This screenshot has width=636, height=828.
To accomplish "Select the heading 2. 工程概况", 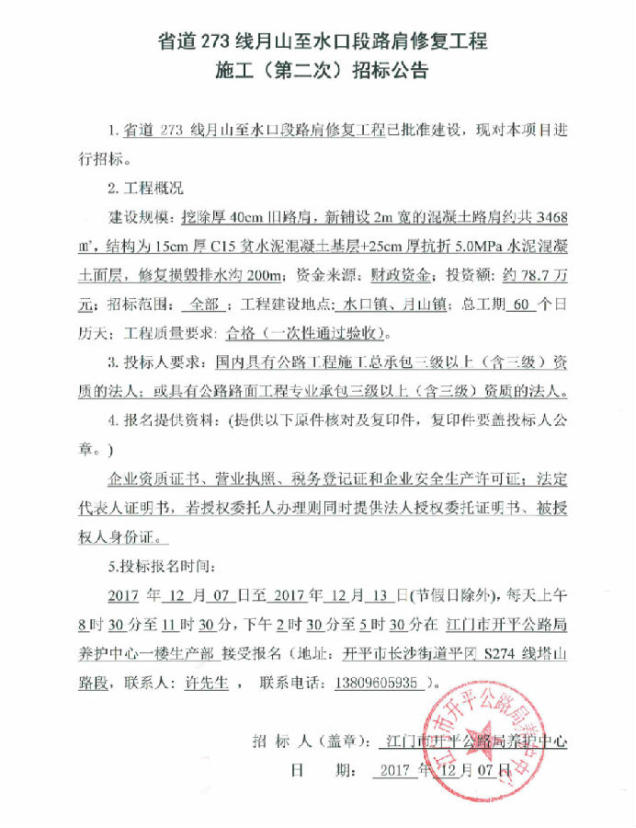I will click(x=146, y=189).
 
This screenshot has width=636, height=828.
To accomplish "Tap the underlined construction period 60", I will click(x=524, y=304).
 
